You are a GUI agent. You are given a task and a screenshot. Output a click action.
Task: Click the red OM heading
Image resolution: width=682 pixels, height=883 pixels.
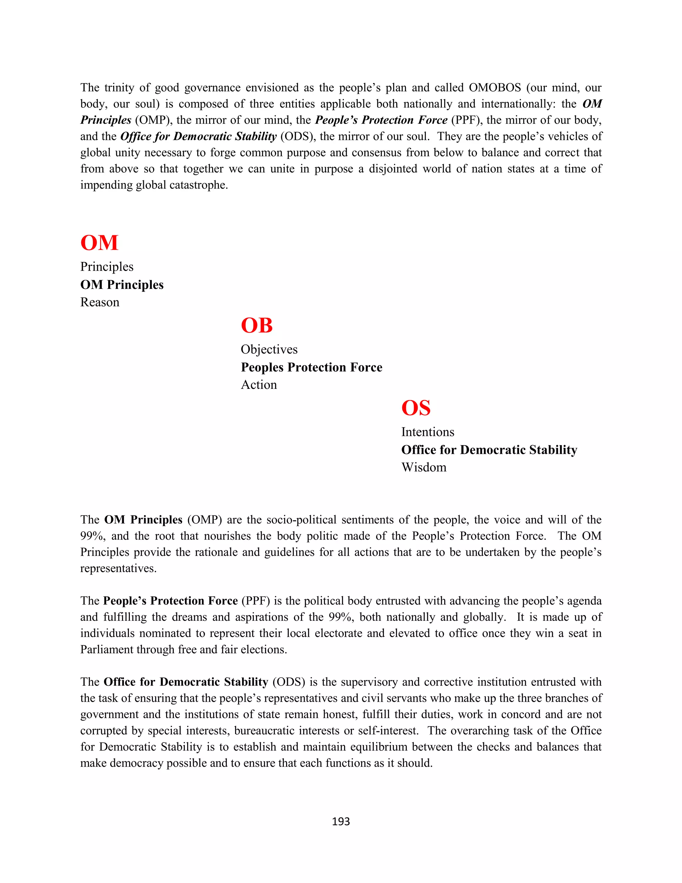click(x=99, y=243)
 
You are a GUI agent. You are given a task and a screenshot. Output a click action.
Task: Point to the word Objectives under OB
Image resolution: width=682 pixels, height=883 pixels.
click(x=269, y=349)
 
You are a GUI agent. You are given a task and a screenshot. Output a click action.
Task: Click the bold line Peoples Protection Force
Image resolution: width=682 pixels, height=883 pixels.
click(x=311, y=367)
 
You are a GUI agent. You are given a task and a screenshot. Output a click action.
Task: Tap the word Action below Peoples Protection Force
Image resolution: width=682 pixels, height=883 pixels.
click(x=259, y=385)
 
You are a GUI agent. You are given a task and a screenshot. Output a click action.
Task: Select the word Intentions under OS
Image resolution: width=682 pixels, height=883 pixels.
click(x=428, y=432)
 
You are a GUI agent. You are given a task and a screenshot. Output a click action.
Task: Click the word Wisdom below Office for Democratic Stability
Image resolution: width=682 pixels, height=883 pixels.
click(x=424, y=467)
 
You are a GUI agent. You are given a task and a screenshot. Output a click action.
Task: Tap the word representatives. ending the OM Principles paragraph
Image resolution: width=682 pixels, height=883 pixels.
click(x=118, y=568)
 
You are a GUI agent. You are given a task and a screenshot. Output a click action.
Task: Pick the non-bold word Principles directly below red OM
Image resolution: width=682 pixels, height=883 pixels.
click(x=107, y=267)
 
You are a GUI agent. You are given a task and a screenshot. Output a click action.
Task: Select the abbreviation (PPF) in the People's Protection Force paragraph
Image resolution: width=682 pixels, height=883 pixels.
click(x=255, y=601)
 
